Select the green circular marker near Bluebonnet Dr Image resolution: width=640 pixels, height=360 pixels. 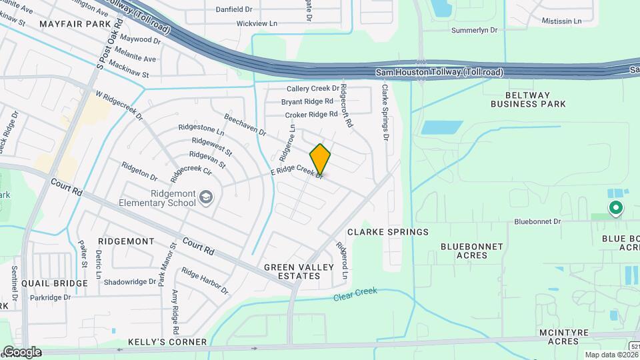(616, 209)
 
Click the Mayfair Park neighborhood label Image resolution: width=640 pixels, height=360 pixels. (74, 24)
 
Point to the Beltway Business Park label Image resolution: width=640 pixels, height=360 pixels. (528, 99)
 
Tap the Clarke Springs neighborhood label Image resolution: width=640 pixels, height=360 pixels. (387, 232)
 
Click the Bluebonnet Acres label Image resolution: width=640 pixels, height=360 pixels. (471, 251)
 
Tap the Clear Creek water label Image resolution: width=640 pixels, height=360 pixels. (355, 293)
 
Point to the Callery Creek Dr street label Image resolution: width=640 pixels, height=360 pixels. (313, 89)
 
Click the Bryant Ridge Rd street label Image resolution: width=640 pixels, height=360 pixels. (307, 101)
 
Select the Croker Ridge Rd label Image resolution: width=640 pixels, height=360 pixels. (311, 115)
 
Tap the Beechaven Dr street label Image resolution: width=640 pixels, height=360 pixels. (245, 123)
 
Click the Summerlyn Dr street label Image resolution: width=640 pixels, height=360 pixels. (475, 30)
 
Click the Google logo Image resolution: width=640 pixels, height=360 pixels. (22, 351)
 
